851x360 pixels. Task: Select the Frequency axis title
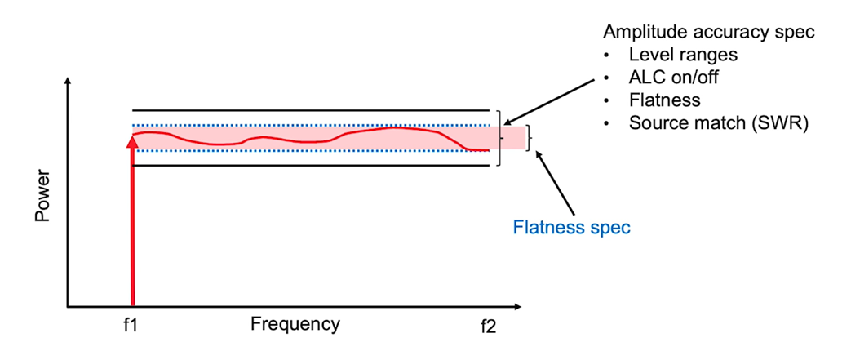click(x=295, y=323)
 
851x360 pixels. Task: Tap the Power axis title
click(x=43, y=196)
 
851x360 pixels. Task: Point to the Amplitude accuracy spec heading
click(x=709, y=32)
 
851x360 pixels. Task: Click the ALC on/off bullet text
click(x=676, y=78)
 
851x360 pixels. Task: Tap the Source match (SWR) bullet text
click(x=717, y=124)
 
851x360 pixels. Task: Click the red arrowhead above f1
click(x=131, y=140)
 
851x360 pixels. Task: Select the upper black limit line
click(x=310, y=109)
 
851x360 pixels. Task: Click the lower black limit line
click(x=310, y=166)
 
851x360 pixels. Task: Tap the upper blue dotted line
click(x=310, y=125)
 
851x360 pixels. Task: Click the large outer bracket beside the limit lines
click(x=499, y=138)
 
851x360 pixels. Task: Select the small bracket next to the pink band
click(x=530, y=138)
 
